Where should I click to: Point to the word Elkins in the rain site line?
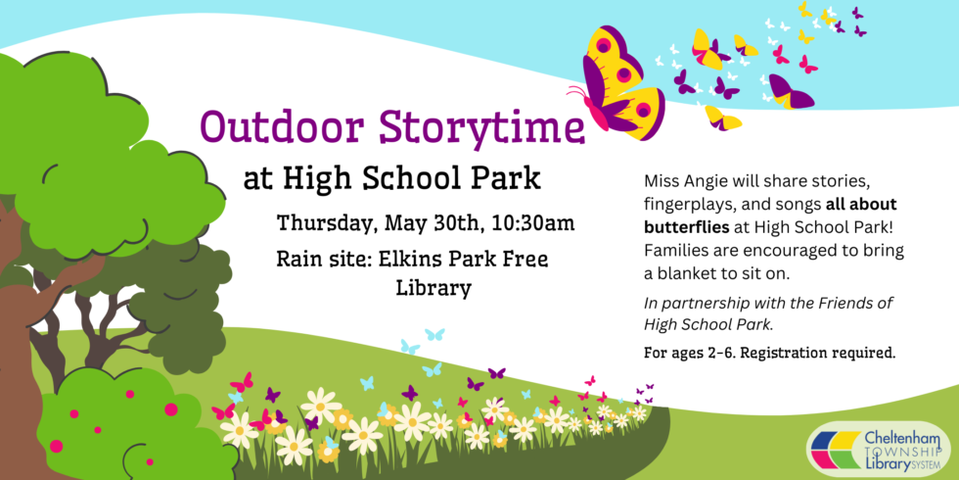(x=399, y=259)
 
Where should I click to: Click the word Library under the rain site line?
(x=434, y=289)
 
